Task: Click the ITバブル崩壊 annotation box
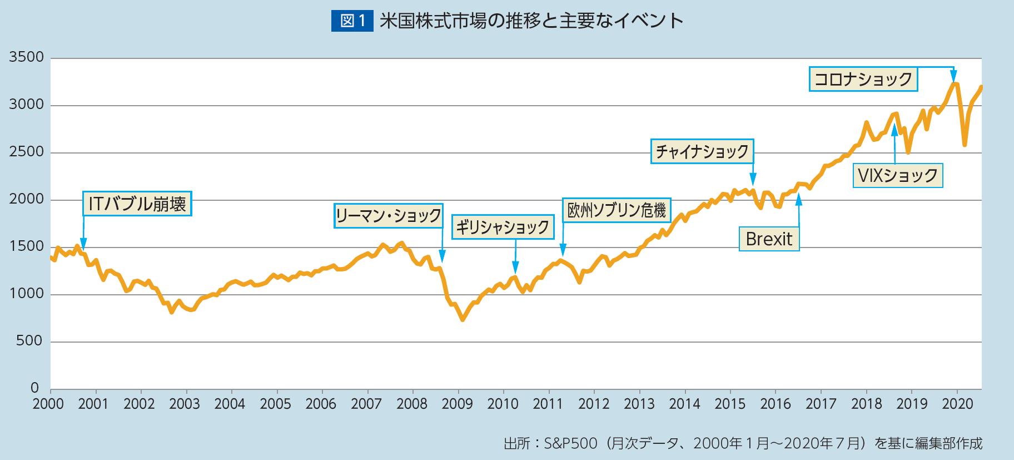(137, 204)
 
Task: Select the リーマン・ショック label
(389, 216)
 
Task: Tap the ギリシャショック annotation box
(503, 227)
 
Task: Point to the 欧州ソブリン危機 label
(617, 210)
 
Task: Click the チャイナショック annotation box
(702, 151)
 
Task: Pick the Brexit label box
(769, 239)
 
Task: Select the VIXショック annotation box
(898, 176)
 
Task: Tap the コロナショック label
(863, 79)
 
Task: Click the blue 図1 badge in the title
(352, 21)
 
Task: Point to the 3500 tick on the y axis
(26, 57)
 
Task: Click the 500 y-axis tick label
(29, 341)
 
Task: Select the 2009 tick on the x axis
(457, 404)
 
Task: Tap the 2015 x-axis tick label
(730, 404)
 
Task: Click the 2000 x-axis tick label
(48, 404)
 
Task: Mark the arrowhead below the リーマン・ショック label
(442, 257)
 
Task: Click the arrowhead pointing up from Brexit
(799, 198)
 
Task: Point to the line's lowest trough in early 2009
(463, 320)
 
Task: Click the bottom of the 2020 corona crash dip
(965, 145)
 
